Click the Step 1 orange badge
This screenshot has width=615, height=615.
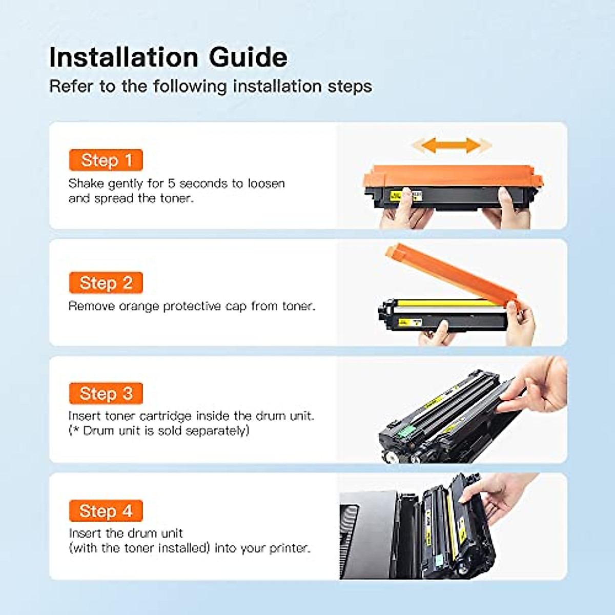coord(106,160)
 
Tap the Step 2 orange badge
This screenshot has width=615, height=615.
coord(106,283)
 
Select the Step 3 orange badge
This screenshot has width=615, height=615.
coord(106,393)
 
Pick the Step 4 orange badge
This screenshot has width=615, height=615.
coord(106,510)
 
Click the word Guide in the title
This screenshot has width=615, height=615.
coord(248,57)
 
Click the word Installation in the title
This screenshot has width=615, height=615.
coord(124,57)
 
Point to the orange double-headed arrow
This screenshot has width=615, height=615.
coord(452,146)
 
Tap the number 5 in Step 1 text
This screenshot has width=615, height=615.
coord(172,183)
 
